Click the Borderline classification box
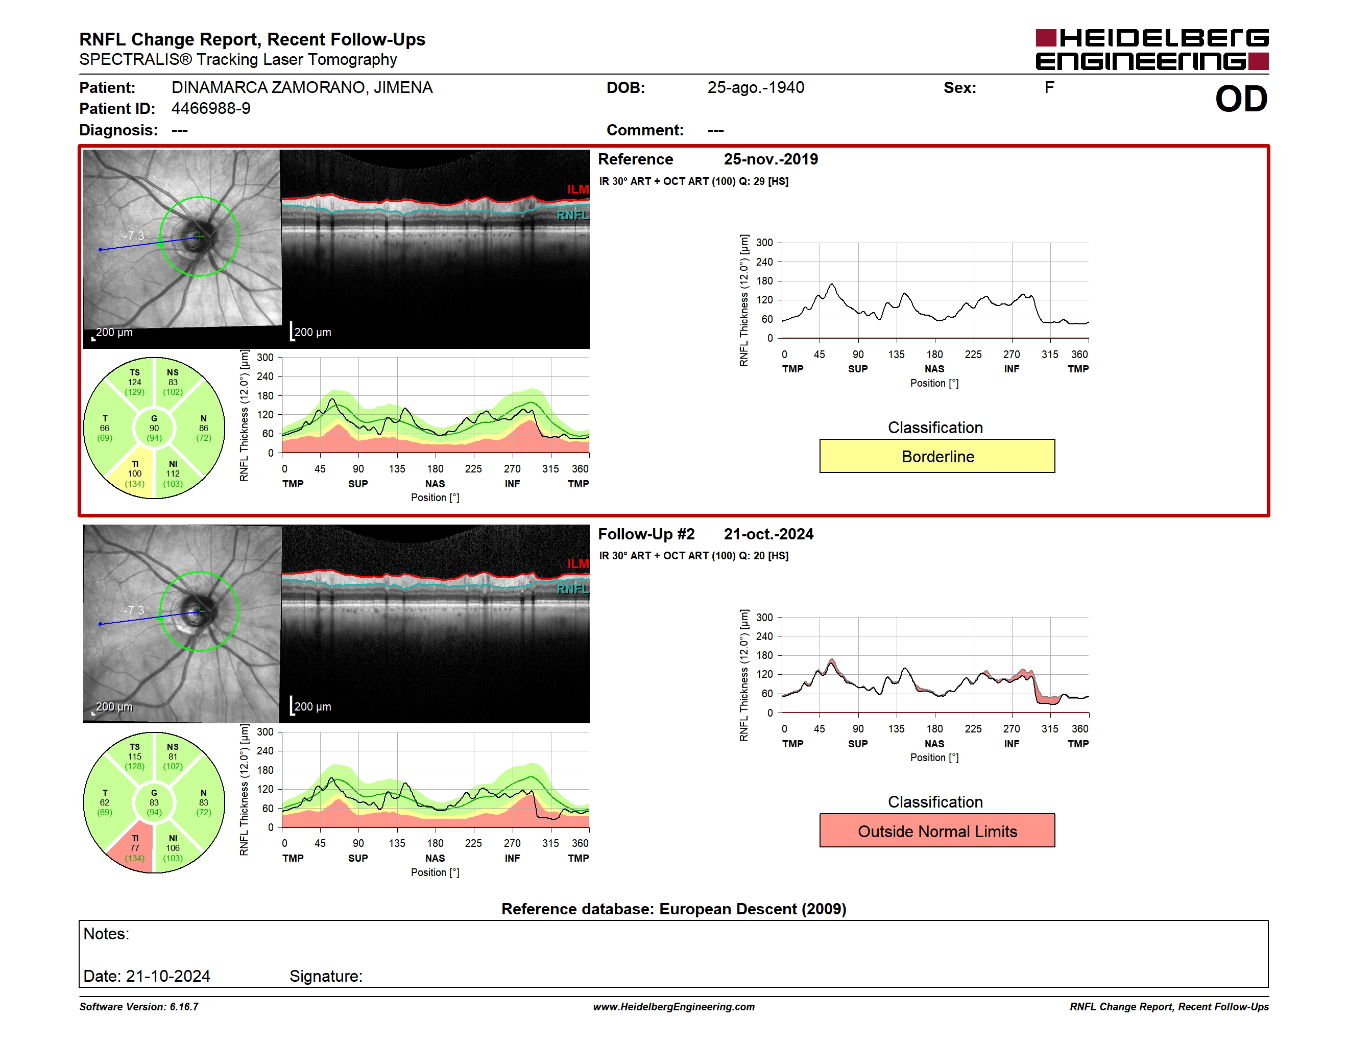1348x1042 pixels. click(x=936, y=456)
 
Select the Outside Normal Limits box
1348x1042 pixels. click(x=936, y=831)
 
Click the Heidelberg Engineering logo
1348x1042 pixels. click(x=1152, y=50)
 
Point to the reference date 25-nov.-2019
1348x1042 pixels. click(x=771, y=159)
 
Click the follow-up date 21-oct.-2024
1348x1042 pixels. click(x=768, y=534)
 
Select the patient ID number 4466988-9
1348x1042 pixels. click(x=211, y=109)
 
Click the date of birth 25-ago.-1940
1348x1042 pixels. click(x=756, y=88)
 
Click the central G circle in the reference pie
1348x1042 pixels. click(x=154, y=428)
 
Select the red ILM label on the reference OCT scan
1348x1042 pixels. click(x=577, y=190)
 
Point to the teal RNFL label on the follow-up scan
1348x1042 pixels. click(x=573, y=589)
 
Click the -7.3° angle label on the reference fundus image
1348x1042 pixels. click(x=136, y=236)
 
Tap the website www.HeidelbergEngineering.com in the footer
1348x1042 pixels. click(x=673, y=1007)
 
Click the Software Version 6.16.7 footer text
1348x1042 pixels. click(x=139, y=1007)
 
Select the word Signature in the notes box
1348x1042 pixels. click(x=325, y=977)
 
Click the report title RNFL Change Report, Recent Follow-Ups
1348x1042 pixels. click(x=252, y=39)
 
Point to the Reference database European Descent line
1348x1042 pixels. click(x=673, y=909)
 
